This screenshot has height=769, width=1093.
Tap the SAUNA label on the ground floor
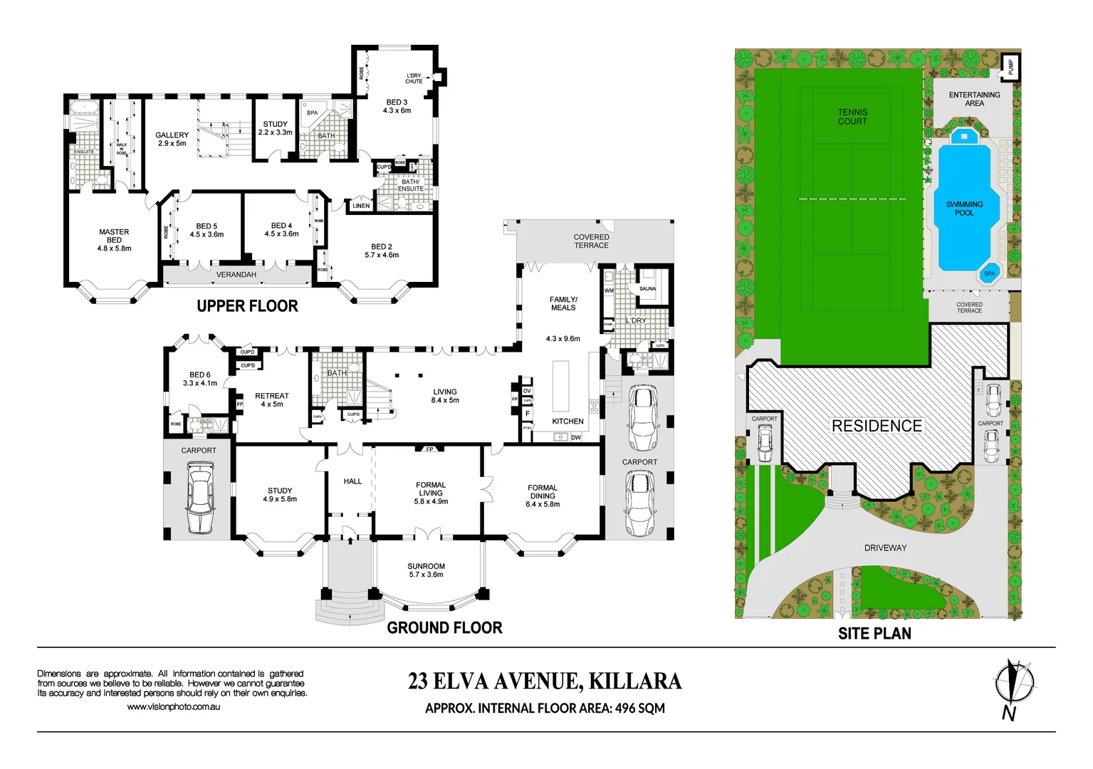pos(647,288)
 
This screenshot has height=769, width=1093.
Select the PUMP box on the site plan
pos(1010,67)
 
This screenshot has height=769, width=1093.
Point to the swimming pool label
pos(964,209)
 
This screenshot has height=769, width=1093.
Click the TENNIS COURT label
pos(852,117)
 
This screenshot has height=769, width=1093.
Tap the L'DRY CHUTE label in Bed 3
pos(414,78)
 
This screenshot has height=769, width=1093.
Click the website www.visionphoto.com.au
pos(173,707)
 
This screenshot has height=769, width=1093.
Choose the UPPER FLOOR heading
pos(247,306)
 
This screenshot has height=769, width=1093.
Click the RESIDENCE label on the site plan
pos(877,426)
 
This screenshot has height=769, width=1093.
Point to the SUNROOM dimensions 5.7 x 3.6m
pos(426,575)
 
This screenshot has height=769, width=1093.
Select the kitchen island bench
pos(561,385)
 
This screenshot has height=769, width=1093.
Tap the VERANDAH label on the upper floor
pos(236,275)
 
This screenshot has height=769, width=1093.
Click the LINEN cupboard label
pos(361,206)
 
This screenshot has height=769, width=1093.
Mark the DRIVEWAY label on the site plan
pos(885,548)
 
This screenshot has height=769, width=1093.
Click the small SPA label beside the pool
pos(989,273)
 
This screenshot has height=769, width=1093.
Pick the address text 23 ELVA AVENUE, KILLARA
pos(545,681)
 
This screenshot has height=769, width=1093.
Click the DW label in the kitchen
pos(576,437)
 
